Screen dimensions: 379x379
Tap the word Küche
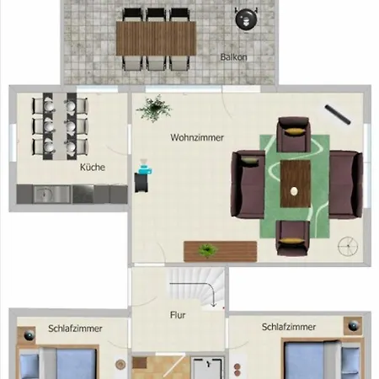(93, 167)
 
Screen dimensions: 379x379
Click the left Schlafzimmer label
(75, 327)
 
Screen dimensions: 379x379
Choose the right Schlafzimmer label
(288, 327)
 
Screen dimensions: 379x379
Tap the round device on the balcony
(245, 16)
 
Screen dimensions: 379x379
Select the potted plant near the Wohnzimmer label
(154, 107)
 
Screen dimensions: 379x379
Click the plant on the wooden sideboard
(207, 249)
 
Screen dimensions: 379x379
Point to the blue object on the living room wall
(142, 177)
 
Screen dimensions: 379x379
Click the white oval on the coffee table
(294, 192)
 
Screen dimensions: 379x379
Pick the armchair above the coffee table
(294, 131)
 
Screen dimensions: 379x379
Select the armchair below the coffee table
(294, 239)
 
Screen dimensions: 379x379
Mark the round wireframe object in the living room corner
(347, 246)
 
